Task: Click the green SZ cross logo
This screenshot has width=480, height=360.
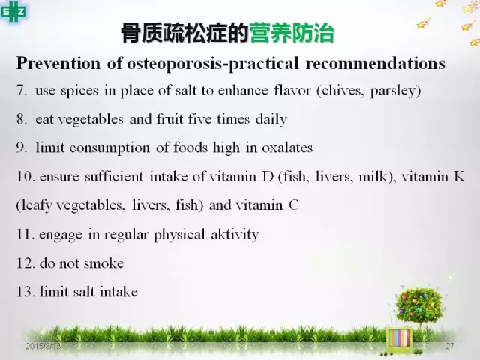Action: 13,12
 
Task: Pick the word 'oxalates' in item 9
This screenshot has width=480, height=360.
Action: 287,148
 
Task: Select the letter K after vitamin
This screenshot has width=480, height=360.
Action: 459,177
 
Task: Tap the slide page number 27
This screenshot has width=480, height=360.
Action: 450,346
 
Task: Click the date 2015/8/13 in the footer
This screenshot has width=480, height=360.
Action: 43,346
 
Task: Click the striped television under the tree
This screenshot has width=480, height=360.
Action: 399,339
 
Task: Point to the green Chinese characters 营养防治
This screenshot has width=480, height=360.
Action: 292,33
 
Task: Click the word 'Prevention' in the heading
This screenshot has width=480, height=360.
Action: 58,63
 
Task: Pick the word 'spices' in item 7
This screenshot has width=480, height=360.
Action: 79,91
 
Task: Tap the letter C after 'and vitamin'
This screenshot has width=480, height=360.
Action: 294,205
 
